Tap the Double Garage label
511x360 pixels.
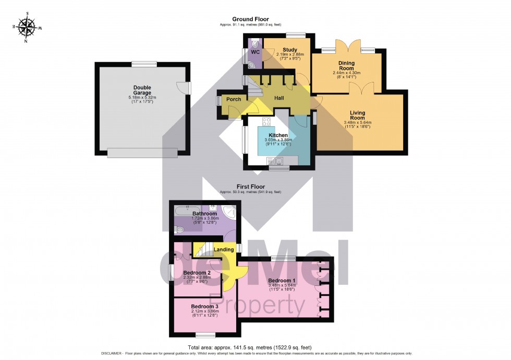(142, 90)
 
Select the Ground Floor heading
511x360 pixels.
(250, 19)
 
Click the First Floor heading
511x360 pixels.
(250, 186)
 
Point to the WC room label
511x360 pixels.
(255, 52)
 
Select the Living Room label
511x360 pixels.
(357, 115)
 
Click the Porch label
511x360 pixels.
(233, 99)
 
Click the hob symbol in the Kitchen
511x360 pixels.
(266, 123)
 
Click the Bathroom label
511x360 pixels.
(204, 213)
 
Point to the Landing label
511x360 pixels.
(224, 249)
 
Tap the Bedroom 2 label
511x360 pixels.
(197, 272)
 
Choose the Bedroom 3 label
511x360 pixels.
(204, 306)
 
